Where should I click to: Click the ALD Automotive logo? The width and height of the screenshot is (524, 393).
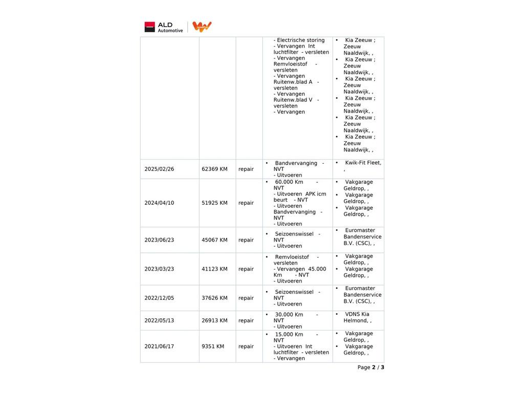(163, 27)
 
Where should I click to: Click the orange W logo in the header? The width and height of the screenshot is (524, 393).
(202, 27)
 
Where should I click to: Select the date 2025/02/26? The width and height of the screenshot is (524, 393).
(159, 169)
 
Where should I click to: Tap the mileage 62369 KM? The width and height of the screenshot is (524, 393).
(214, 169)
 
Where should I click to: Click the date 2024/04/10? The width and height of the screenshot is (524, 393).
(159, 203)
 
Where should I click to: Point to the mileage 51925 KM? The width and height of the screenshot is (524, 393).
(214, 203)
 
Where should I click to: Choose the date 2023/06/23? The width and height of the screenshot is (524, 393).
(159, 240)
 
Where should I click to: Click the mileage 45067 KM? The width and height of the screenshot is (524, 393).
(214, 240)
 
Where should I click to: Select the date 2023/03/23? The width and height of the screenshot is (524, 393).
(159, 269)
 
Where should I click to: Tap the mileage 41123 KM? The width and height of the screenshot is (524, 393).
(214, 269)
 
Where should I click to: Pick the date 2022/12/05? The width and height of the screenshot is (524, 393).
(159, 298)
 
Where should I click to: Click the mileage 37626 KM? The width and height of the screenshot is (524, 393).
(214, 298)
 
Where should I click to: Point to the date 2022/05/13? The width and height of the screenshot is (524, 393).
(159, 321)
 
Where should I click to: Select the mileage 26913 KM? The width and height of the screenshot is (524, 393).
(214, 321)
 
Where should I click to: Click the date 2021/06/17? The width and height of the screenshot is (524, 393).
(159, 346)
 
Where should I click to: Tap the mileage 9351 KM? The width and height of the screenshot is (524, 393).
(213, 346)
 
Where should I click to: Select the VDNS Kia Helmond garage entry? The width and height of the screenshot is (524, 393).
(357, 317)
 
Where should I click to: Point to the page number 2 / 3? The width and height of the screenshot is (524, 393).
(378, 367)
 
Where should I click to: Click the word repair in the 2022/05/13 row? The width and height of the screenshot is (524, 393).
(246, 321)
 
